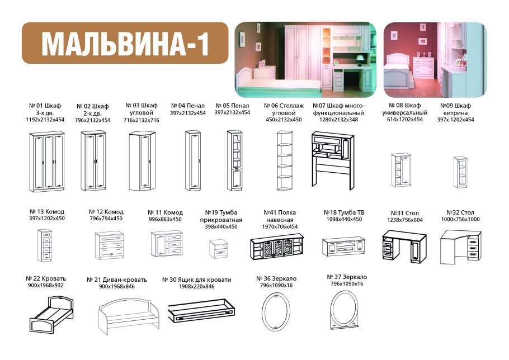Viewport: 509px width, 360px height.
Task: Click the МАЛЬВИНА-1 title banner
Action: coord(125,43)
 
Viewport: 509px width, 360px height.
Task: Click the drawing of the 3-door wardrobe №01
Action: coord(46,162)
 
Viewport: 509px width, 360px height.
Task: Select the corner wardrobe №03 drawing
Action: coord(144,162)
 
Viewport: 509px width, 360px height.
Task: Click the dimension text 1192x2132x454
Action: coord(45,120)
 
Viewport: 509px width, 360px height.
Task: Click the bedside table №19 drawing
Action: coord(219,247)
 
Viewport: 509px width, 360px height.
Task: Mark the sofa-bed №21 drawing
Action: coord(131,316)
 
